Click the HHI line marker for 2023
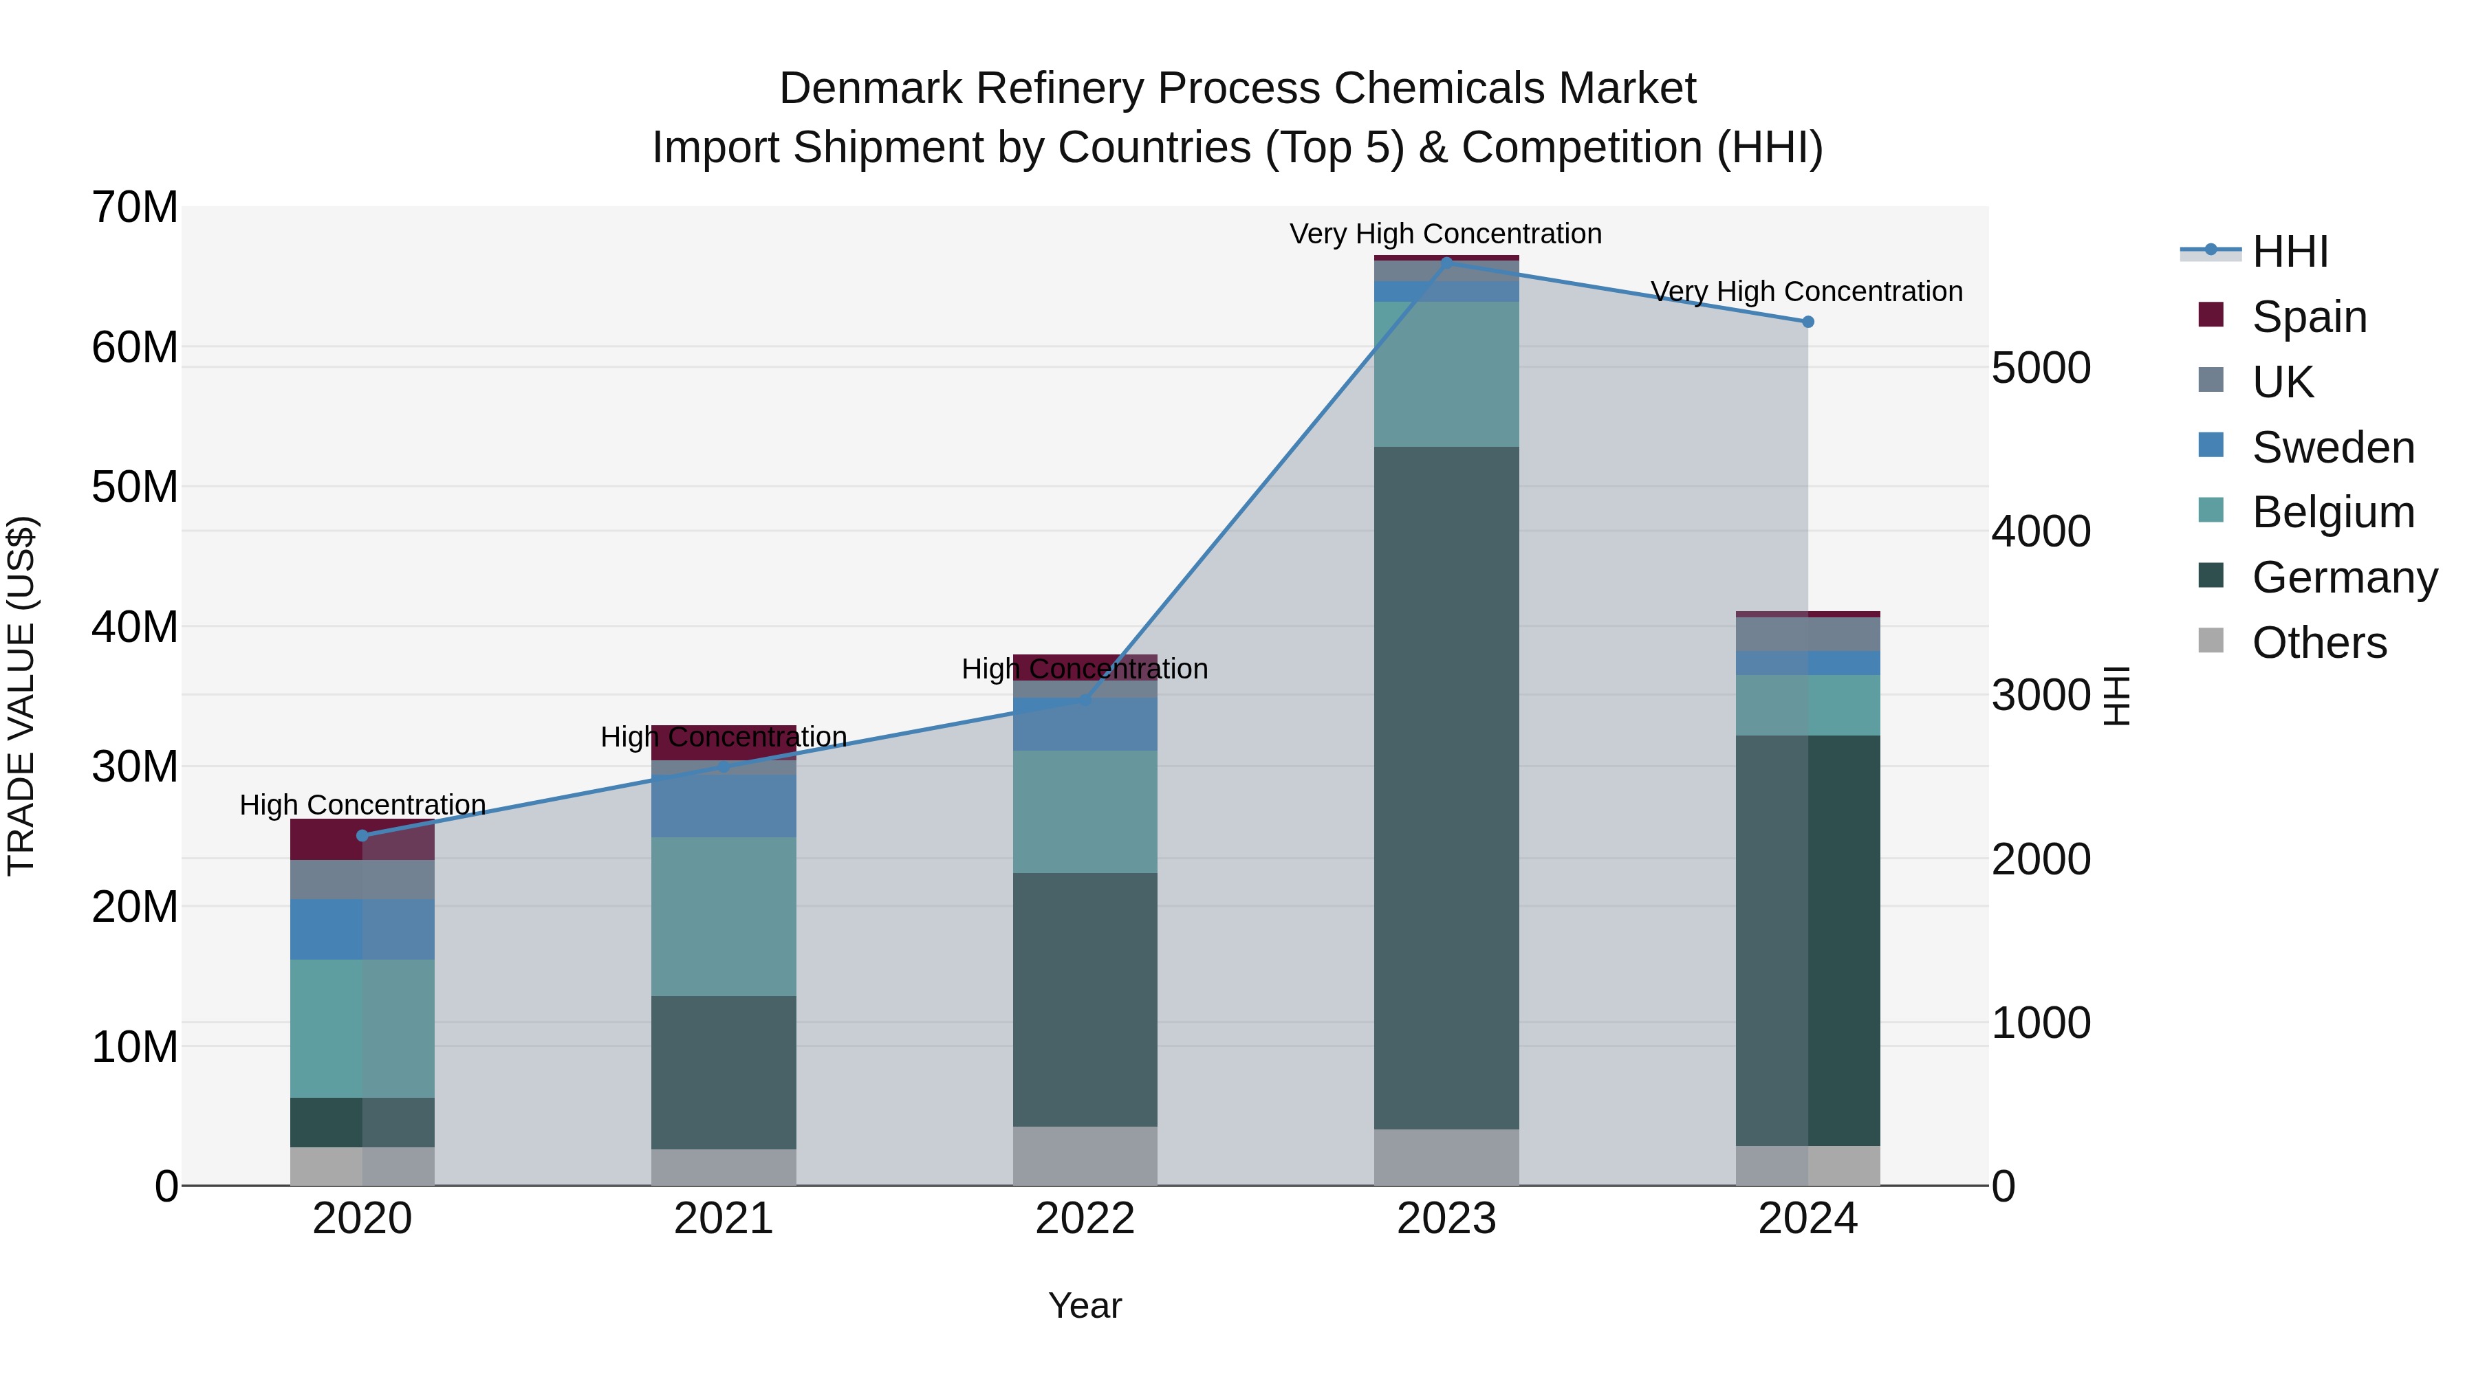1446,263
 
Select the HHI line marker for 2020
362,835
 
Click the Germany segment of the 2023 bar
1446,788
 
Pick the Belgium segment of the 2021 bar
723,916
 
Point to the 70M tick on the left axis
135,208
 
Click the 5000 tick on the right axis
2040,368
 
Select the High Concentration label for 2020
362,804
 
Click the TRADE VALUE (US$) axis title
21,696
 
